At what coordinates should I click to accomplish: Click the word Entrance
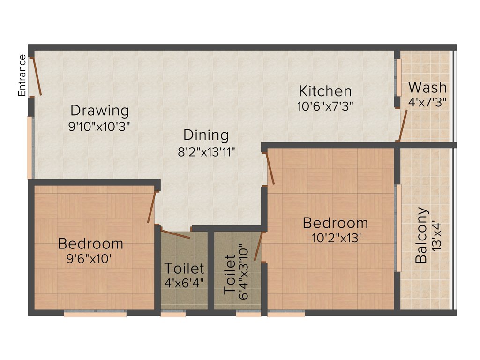[x=22, y=75]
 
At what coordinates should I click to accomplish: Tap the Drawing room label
[x=99, y=111]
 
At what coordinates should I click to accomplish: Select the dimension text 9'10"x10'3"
[x=99, y=126]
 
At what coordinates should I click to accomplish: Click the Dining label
[x=206, y=135]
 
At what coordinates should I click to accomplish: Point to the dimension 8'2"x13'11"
[x=206, y=151]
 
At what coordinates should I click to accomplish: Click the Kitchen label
[x=325, y=90]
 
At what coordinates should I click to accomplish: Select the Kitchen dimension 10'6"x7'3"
[x=325, y=106]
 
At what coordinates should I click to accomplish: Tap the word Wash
[x=427, y=87]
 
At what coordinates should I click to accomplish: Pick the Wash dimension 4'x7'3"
[x=427, y=101]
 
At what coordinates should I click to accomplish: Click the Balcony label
[x=422, y=235]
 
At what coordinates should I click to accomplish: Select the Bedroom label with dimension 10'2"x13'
[x=335, y=222]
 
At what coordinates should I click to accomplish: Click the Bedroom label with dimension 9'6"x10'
[x=90, y=244]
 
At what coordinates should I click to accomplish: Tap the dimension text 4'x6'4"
[x=184, y=283]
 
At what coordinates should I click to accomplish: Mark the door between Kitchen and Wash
[x=402, y=125]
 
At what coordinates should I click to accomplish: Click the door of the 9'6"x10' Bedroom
[x=151, y=207]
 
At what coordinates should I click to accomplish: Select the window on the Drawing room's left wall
[x=30, y=147]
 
